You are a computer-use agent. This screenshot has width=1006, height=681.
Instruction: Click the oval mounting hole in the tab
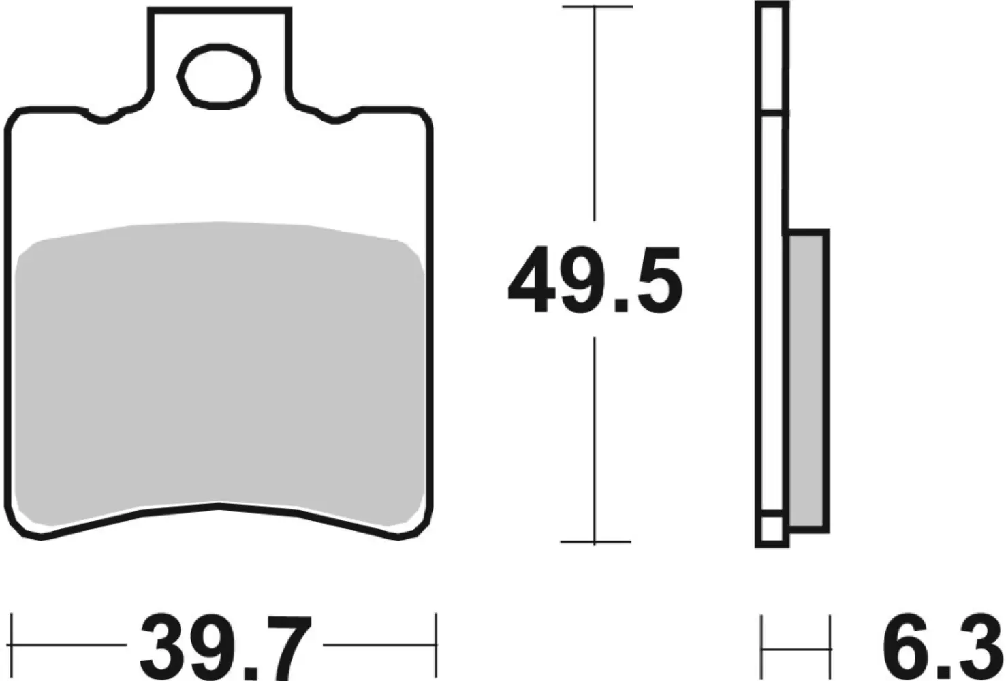pyautogui.click(x=219, y=76)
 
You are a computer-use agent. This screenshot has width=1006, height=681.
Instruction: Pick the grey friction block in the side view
pyautogui.click(x=808, y=381)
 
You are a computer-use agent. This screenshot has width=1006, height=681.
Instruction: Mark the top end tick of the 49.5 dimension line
pyautogui.click(x=597, y=7)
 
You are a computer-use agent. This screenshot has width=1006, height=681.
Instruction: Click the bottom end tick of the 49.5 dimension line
pyautogui.click(x=595, y=542)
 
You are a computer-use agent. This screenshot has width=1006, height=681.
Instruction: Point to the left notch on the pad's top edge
pyautogui.click(x=104, y=117)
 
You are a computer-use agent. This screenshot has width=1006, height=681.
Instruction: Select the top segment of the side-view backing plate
pyautogui.click(x=772, y=58)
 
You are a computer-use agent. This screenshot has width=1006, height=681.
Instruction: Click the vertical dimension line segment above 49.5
pyautogui.click(x=596, y=116)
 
